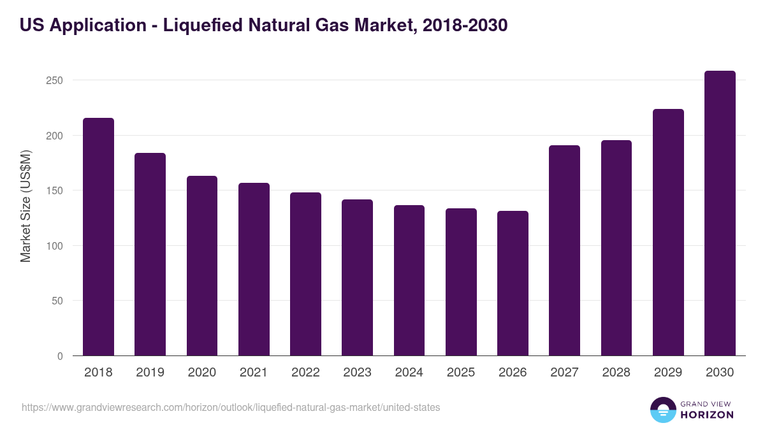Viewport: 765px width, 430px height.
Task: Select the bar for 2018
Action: click(98, 237)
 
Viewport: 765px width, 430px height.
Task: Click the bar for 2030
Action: click(720, 213)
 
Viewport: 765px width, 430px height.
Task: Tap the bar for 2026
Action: click(513, 283)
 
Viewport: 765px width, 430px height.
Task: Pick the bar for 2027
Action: click(564, 250)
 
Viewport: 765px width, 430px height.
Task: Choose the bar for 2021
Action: click(254, 269)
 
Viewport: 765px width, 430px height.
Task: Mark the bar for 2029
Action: click(668, 233)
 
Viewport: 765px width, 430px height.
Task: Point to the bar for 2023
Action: click(357, 278)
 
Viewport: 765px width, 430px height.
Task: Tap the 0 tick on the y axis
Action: click(61, 356)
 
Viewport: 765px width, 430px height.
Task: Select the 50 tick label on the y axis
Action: click(57, 301)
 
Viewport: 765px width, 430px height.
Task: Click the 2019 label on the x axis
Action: click(150, 373)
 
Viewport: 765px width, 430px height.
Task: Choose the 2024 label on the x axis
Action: click(409, 373)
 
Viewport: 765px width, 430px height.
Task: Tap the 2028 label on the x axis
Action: click(616, 373)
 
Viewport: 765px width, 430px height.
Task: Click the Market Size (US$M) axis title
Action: click(25, 206)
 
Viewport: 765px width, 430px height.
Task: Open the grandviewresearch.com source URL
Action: click(230, 407)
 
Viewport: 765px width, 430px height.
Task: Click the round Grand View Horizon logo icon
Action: click(662, 410)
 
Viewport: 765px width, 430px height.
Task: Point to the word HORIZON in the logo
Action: click(707, 415)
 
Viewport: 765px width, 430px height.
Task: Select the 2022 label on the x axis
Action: click(305, 373)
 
